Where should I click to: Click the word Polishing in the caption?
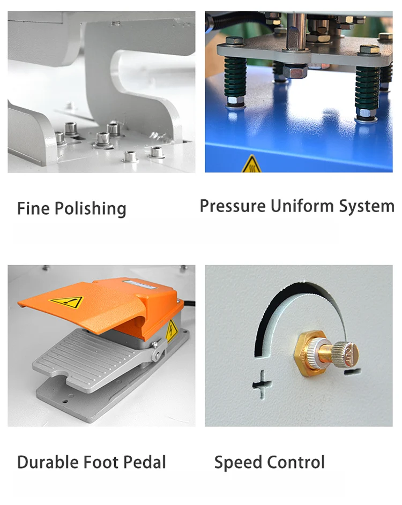click(90, 209)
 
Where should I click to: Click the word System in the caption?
click(367, 207)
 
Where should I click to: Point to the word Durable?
click(48, 462)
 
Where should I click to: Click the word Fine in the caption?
click(34, 208)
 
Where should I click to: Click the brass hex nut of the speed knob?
click(309, 352)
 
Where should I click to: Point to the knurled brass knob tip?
click(346, 355)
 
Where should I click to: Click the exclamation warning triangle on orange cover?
click(66, 302)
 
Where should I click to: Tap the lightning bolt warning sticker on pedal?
click(172, 331)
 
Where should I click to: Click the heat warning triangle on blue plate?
click(251, 164)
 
